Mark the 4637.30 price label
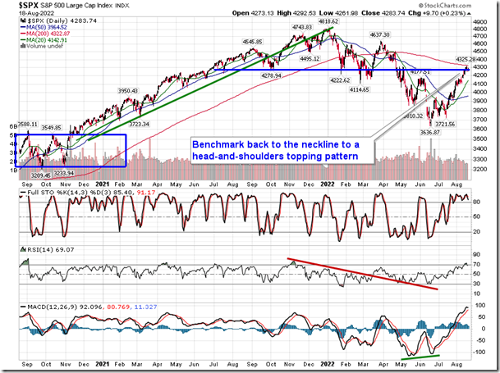point(380,35)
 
